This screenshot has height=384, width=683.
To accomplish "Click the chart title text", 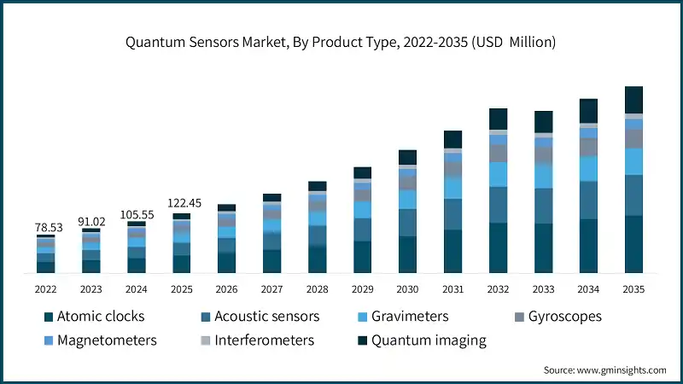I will (x=341, y=43).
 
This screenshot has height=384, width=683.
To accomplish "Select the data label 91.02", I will (x=90, y=221).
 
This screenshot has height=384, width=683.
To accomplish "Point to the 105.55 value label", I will (x=136, y=214).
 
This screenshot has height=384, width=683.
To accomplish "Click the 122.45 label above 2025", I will (x=181, y=203).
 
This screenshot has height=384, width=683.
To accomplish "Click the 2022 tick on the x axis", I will (x=45, y=289).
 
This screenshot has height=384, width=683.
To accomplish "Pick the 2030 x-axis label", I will (x=407, y=289).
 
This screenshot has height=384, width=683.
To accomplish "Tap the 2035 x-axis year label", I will (x=633, y=289).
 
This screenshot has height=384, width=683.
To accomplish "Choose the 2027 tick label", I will (x=271, y=289).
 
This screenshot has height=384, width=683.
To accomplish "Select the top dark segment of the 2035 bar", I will (x=633, y=99).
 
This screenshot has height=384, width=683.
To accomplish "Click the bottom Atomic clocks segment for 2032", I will (x=498, y=247).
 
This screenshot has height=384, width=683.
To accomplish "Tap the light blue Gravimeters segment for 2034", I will (x=588, y=169).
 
